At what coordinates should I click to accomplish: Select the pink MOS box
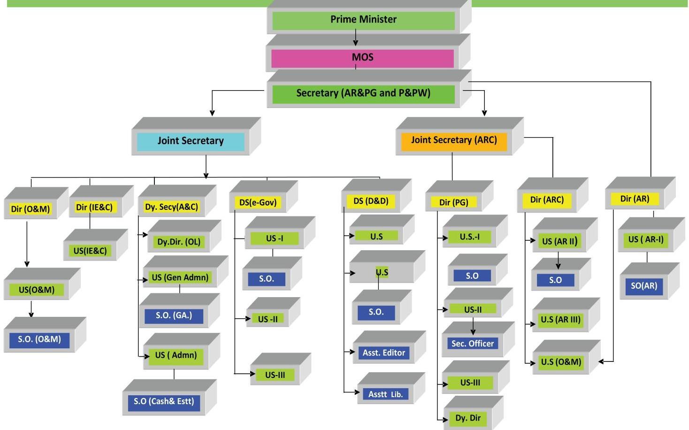point(362,58)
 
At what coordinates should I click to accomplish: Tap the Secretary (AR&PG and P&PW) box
point(363,93)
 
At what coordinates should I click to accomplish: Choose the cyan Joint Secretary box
point(191,141)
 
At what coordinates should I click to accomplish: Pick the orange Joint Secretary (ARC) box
point(454,140)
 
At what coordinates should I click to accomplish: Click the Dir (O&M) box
point(31,209)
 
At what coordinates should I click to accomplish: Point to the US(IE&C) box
point(90,251)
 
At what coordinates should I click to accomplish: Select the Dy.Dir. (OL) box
point(179,242)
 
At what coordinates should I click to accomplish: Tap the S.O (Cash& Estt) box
point(164,402)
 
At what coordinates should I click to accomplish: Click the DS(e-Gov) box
point(258,202)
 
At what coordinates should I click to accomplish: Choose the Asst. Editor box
point(383,353)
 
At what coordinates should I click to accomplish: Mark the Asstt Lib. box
point(385,394)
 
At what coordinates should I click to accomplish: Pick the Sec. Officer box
point(472,344)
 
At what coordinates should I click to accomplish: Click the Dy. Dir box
point(468,418)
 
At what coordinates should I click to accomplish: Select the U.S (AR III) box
point(560,320)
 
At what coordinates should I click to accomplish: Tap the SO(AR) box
point(644,286)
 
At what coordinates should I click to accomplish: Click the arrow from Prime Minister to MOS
point(355,38)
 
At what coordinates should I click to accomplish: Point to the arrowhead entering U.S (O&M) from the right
point(602,361)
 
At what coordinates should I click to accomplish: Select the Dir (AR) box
point(635,199)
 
